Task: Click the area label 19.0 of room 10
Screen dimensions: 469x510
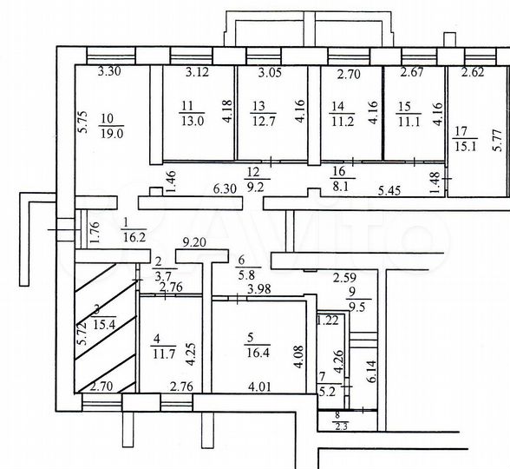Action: tap(113, 135)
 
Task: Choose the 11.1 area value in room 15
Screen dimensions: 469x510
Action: tap(405, 122)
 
